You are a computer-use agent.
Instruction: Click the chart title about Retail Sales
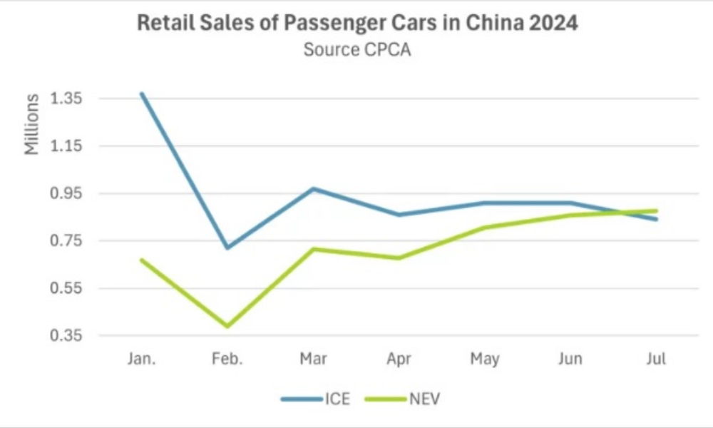[356, 24]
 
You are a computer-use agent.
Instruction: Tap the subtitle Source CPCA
[356, 51]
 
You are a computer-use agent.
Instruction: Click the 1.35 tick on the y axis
[65, 98]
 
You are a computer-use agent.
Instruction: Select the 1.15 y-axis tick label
[65, 146]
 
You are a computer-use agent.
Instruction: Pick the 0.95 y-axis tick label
[65, 193]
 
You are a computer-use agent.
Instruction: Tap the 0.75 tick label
[65, 241]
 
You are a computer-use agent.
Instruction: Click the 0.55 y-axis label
[65, 288]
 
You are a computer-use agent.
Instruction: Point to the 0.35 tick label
[65, 335]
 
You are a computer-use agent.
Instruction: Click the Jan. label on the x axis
[142, 359]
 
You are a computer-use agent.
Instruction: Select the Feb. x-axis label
[227, 359]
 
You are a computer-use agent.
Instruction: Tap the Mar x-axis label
[314, 359]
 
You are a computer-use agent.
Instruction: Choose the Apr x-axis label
[399, 359]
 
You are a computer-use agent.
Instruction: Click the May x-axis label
[485, 359]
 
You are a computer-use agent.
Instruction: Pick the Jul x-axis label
[656, 359]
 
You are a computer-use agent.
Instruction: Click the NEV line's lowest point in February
[227, 327]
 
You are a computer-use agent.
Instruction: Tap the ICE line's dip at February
[227, 248]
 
